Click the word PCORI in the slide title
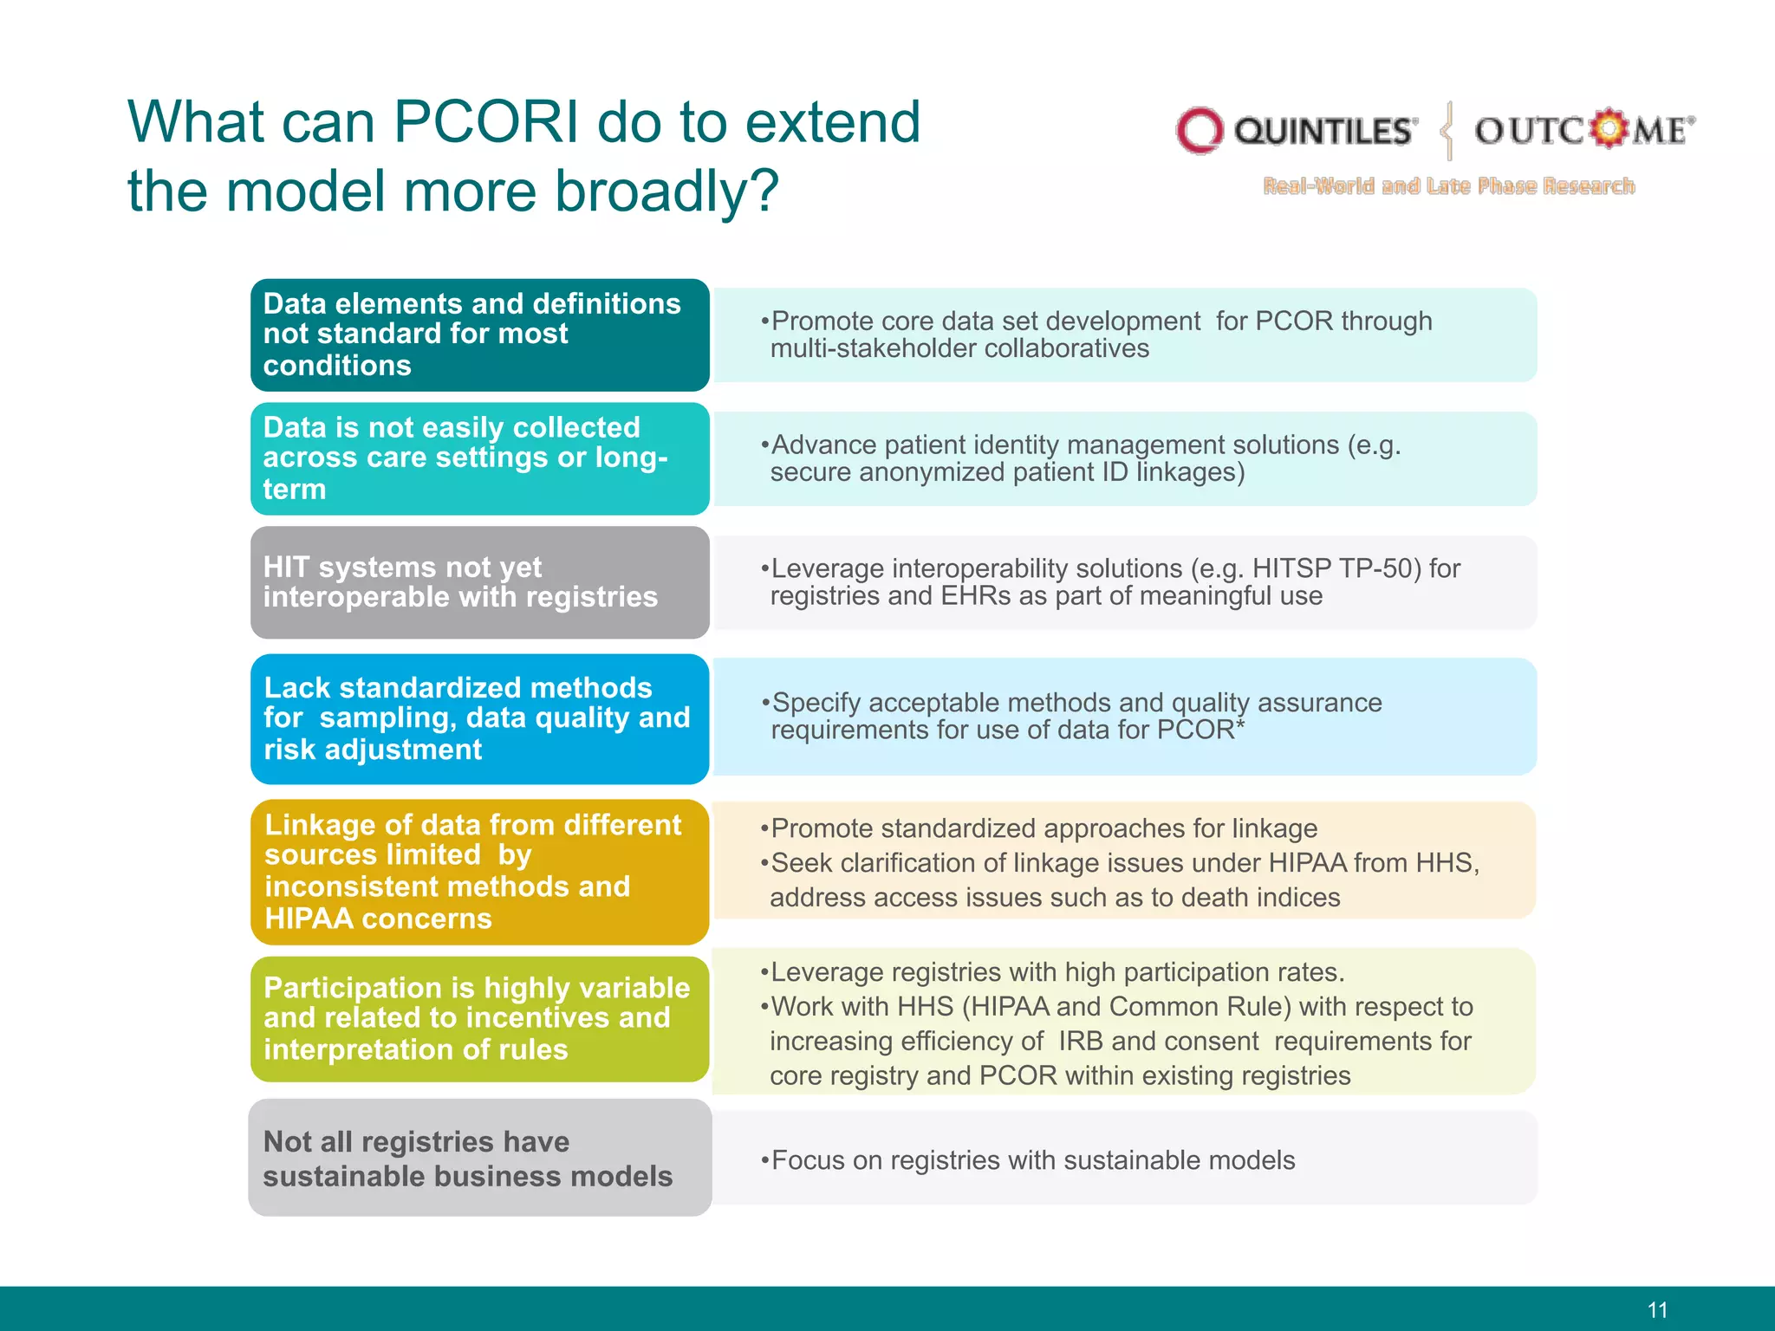click(485, 122)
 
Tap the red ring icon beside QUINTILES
click(1199, 131)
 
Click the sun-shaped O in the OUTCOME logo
click(1609, 129)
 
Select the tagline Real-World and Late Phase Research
click(1448, 186)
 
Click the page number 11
click(1657, 1309)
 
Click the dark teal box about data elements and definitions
click(479, 334)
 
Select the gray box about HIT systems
click(479, 582)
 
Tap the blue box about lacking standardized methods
click(479, 718)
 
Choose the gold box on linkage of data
click(479, 871)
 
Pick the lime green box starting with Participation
click(479, 1018)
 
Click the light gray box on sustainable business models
click(479, 1158)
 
